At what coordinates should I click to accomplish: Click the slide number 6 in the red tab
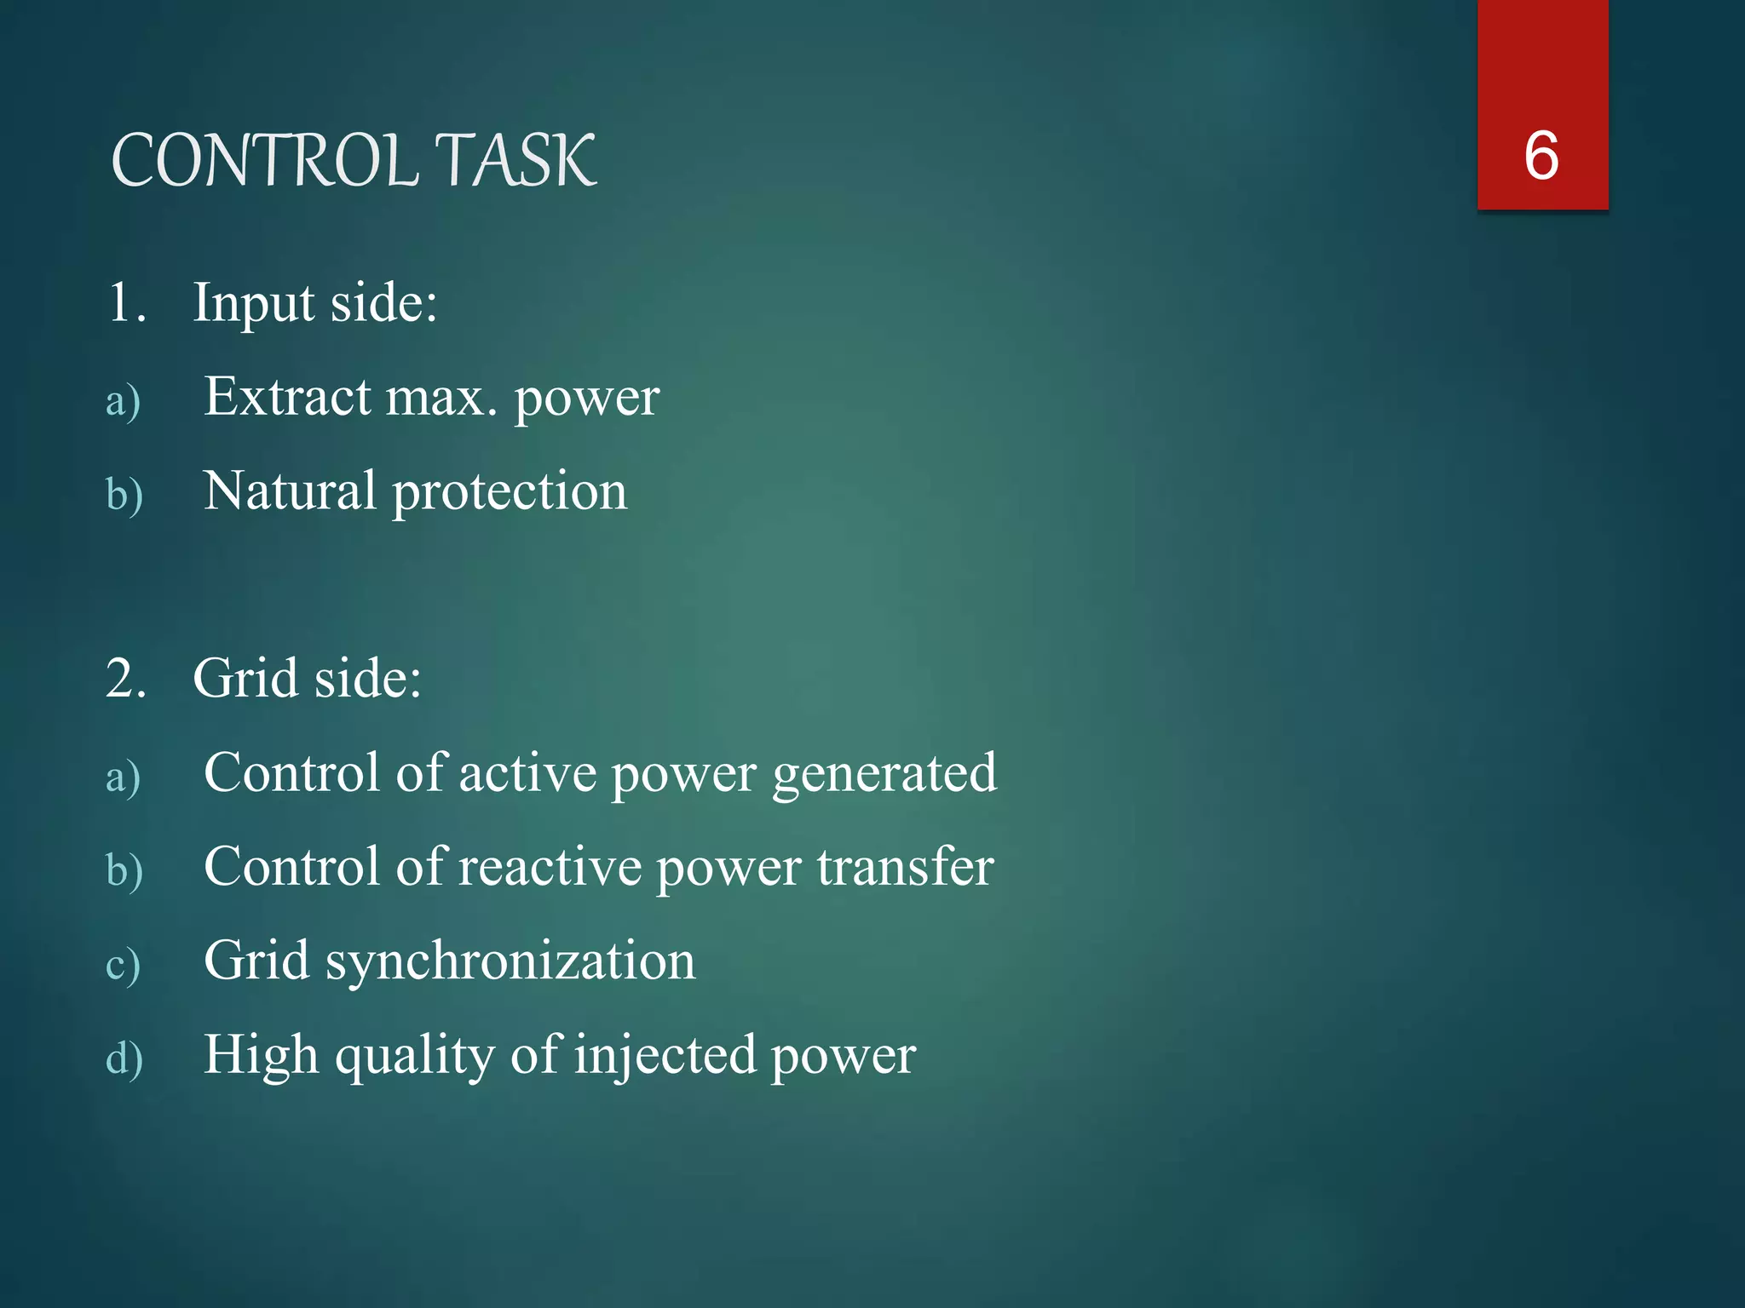[x=1541, y=156]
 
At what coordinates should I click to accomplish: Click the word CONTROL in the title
[x=264, y=161]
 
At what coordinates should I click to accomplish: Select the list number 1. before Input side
[x=127, y=302]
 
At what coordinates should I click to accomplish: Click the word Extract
[x=287, y=397]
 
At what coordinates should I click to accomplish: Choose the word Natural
[x=290, y=491]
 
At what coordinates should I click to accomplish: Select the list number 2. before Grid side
[x=127, y=679]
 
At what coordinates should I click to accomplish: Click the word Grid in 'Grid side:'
[x=245, y=679]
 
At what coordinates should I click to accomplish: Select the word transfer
[x=905, y=867]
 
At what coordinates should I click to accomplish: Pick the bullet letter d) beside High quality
[x=124, y=1058]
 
